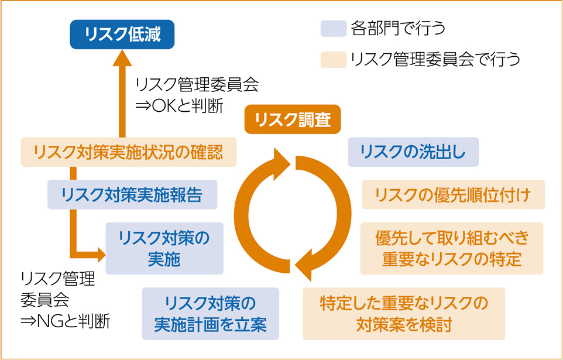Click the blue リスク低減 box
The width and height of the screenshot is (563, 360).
point(122,35)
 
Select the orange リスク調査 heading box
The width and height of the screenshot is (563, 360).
point(292,119)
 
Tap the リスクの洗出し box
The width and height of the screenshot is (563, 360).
point(413,152)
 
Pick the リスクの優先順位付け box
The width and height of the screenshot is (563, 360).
point(453,194)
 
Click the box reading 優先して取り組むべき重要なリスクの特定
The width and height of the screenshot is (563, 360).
point(452,248)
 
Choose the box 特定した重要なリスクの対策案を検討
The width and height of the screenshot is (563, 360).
point(404,314)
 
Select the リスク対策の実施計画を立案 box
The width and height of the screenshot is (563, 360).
point(211,314)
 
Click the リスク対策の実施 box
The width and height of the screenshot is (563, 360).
point(164,248)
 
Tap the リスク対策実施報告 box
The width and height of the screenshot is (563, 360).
point(132,194)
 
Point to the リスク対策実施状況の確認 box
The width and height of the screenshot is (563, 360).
point(129,152)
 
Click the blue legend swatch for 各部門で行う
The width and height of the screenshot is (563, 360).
point(334,28)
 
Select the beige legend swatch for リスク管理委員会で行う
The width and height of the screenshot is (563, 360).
point(334,59)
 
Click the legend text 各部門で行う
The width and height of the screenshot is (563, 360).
point(398,28)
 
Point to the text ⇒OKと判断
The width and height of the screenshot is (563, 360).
point(180,106)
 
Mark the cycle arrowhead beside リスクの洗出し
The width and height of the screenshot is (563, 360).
point(282,164)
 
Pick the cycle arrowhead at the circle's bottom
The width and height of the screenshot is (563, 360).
point(303,266)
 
